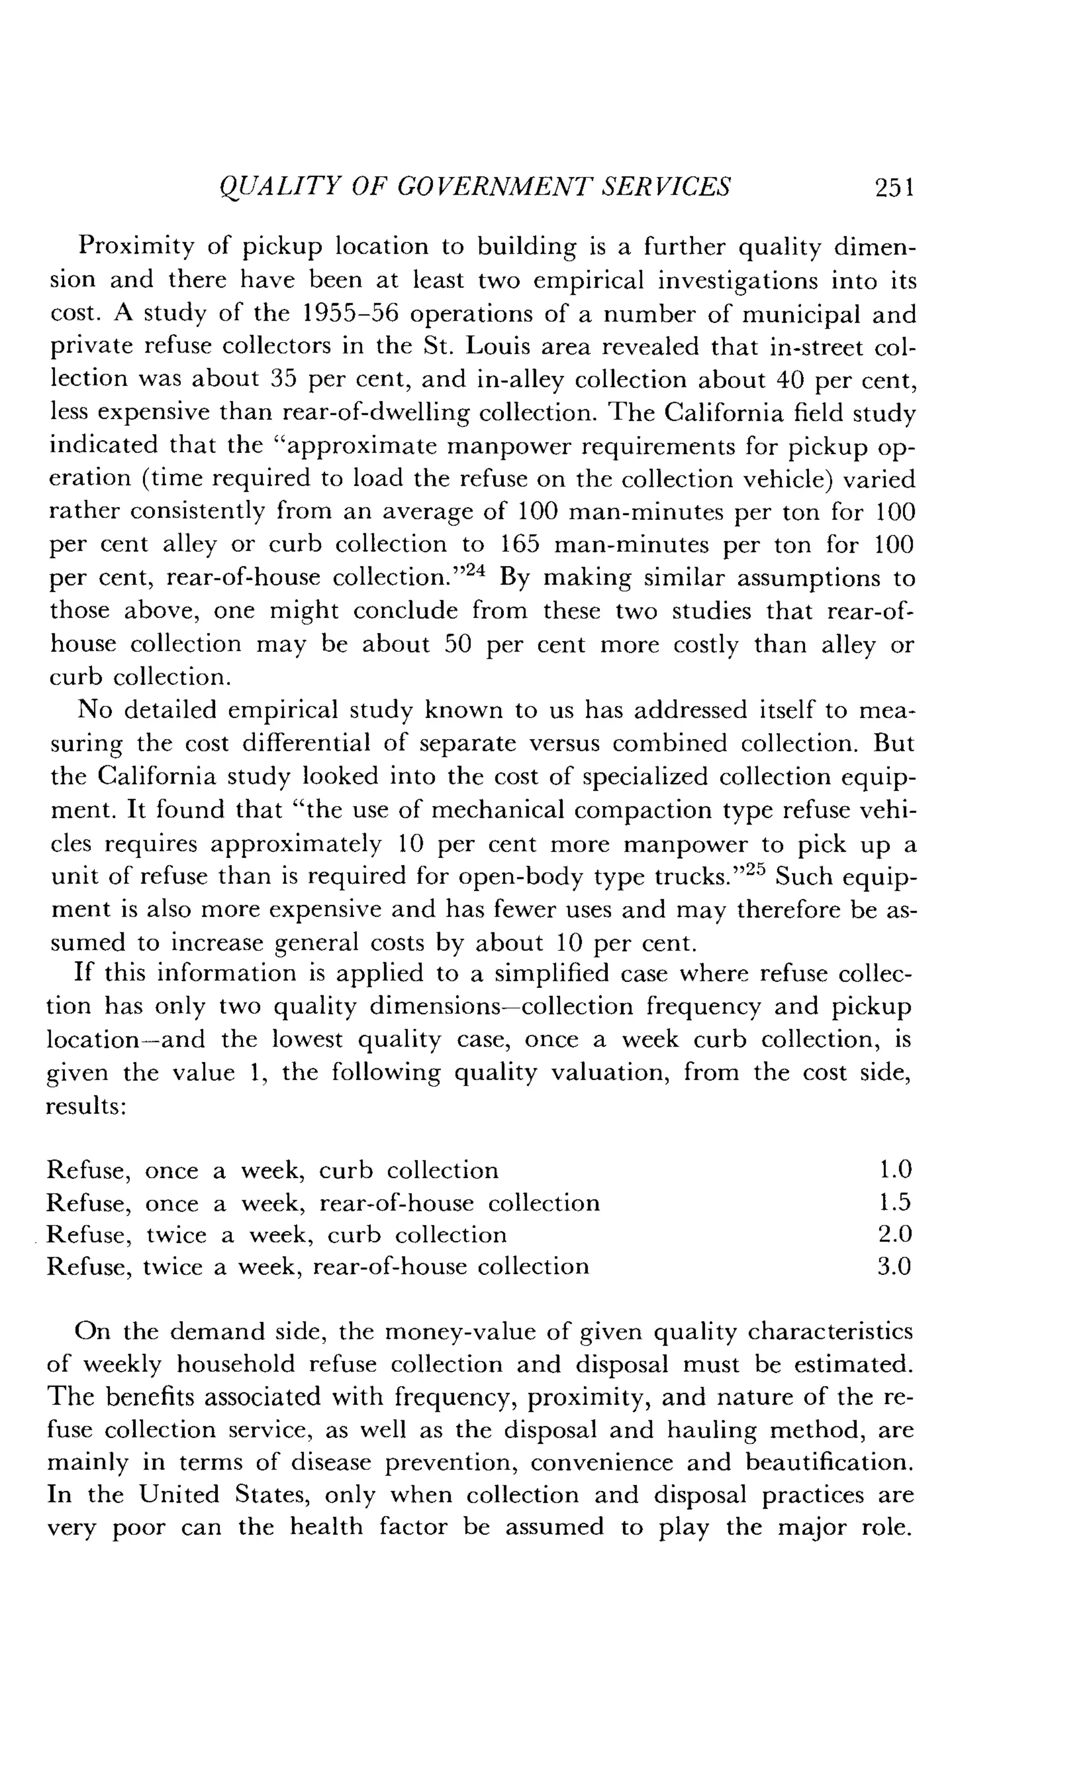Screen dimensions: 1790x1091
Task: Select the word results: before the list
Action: click(x=86, y=1106)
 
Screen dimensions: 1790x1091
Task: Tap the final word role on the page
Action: click(x=885, y=1528)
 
